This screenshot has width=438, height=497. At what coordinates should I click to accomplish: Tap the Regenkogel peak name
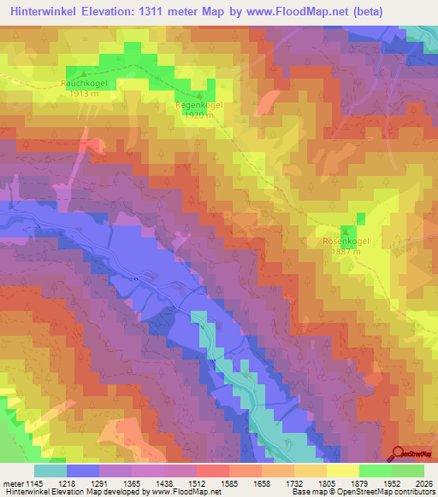click(198, 105)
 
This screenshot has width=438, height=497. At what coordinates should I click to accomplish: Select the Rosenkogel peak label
click(346, 242)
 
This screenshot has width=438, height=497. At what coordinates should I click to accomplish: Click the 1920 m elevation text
click(198, 115)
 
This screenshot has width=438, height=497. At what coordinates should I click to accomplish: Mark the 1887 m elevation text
click(346, 252)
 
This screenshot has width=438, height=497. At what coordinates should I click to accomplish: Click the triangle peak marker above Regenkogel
click(199, 96)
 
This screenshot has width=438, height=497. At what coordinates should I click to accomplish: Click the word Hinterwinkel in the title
click(42, 12)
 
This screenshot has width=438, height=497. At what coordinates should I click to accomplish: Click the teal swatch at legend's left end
click(50, 471)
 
